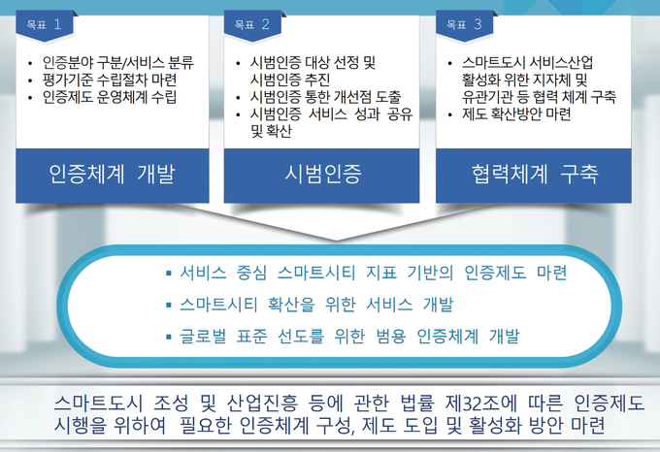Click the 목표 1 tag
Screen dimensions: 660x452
coord(45,25)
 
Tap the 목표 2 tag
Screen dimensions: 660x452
coord(252,25)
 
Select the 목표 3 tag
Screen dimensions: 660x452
coord(465,25)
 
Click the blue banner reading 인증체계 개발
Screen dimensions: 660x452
coord(113,176)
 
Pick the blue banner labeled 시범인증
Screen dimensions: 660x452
coord(321,176)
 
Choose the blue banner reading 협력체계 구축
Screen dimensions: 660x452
coord(534,176)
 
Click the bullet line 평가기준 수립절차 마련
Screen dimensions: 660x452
coord(110,80)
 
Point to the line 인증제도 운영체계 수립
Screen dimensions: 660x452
coord(110,97)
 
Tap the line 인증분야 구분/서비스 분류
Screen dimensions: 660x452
coord(117,63)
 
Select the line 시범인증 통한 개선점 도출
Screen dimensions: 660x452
coord(325,97)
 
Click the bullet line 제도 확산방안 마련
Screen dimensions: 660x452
coord(516,113)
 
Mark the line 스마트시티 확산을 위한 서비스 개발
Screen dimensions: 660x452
coord(316,304)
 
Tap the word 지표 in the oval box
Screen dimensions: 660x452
coord(381,273)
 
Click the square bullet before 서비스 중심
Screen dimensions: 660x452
coord(169,274)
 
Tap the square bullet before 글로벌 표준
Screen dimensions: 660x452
coord(169,337)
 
